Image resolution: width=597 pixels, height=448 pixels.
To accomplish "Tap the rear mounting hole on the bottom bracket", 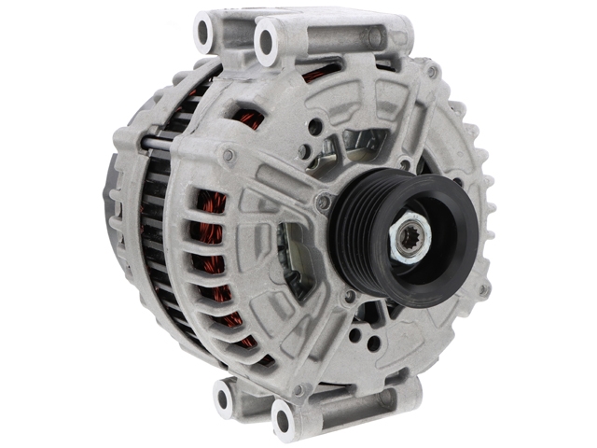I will click(x=223, y=399).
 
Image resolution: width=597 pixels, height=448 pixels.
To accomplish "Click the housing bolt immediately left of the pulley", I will click(x=324, y=201).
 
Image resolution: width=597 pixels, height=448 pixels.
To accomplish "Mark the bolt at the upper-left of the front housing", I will click(x=229, y=155).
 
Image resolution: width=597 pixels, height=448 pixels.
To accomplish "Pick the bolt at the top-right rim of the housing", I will click(x=431, y=73).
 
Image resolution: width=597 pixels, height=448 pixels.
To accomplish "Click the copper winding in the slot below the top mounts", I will click(x=250, y=119).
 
